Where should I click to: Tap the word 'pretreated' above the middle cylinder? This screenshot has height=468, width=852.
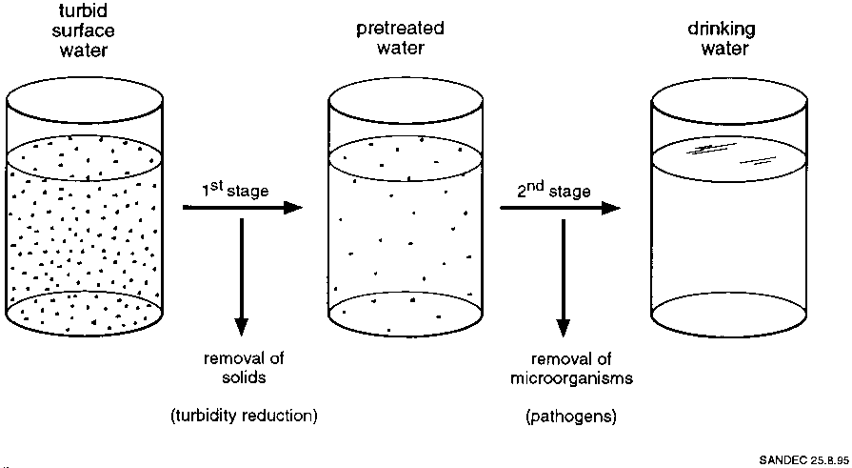[401, 29]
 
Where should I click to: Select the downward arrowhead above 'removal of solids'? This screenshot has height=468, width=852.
[242, 321]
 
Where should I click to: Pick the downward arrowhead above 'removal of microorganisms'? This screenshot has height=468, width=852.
[564, 321]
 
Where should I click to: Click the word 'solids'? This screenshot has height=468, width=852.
[243, 378]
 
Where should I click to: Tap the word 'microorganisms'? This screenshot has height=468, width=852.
[566, 378]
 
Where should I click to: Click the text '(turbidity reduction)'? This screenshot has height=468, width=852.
[243, 416]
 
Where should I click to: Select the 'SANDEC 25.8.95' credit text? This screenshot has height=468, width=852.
[802, 460]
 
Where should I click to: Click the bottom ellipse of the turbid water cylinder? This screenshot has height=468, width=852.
[87, 312]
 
